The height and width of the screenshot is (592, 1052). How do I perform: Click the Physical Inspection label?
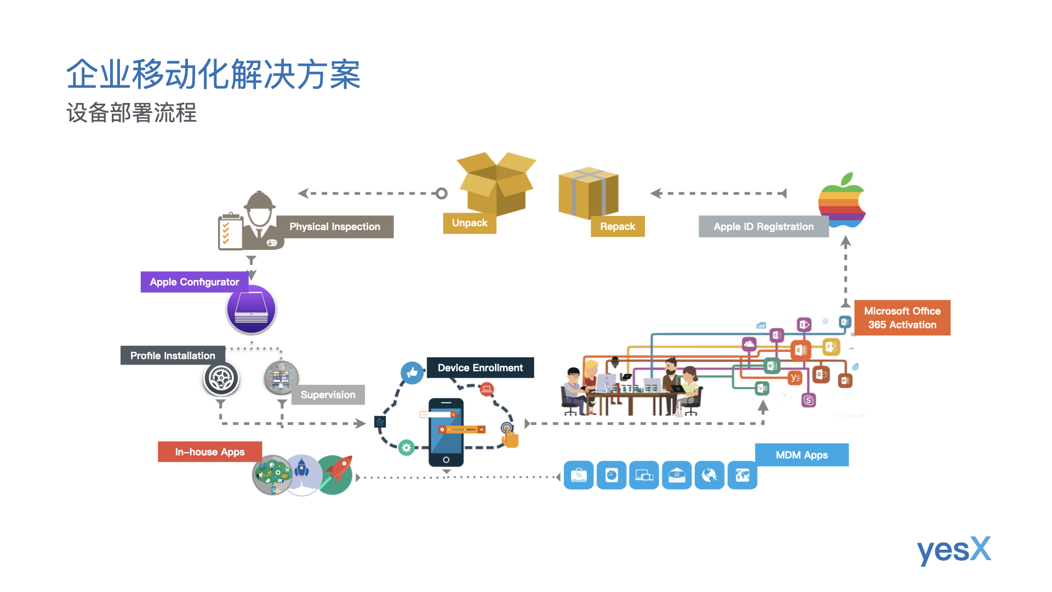[335, 227]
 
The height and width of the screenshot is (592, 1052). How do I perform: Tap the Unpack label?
[470, 223]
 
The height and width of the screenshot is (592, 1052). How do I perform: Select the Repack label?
[618, 226]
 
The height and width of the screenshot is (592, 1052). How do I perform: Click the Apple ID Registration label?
[763, 227]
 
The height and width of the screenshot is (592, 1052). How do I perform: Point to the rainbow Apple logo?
[841, 201]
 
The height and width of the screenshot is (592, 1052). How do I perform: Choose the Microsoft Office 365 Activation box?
[902, 318]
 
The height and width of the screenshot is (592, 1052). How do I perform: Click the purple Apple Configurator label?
[195, 282]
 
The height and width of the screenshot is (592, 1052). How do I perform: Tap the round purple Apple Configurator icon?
[251, 310]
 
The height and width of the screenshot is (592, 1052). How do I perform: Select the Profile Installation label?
[173, 356]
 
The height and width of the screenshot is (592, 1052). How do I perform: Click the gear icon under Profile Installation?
[221, 378]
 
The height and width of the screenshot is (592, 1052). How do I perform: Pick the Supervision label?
[328, 395]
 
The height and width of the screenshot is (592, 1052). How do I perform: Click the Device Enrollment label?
[480, 368]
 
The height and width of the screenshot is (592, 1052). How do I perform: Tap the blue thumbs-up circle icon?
[412, 373]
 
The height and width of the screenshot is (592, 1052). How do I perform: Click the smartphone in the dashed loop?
[446, 432]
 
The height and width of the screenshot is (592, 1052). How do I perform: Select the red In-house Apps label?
[210, 452]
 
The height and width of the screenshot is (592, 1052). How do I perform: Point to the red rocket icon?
[335, 475]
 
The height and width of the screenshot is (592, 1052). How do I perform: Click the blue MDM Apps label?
[802, 455]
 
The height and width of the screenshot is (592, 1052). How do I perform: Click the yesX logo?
[954, 550]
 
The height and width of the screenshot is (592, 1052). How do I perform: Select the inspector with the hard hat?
[259, 219]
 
